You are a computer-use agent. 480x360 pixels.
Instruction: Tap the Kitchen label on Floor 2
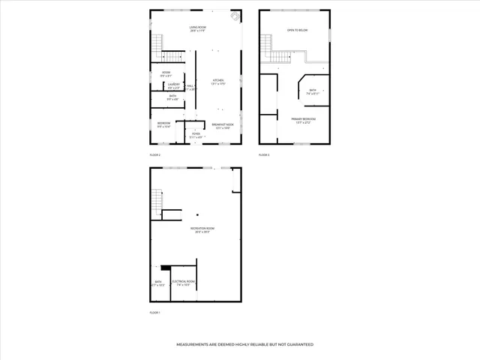218,81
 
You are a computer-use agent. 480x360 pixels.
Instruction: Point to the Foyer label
196,135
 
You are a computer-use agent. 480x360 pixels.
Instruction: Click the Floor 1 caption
154,312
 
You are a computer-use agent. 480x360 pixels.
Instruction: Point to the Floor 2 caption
154,154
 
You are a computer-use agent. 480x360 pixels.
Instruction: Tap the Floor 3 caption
264,154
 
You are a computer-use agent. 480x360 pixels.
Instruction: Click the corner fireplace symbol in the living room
235,16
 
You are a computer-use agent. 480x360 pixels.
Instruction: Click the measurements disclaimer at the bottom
244,344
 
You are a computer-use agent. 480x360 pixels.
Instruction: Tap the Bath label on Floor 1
157,283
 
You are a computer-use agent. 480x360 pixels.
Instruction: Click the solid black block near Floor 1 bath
166,266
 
